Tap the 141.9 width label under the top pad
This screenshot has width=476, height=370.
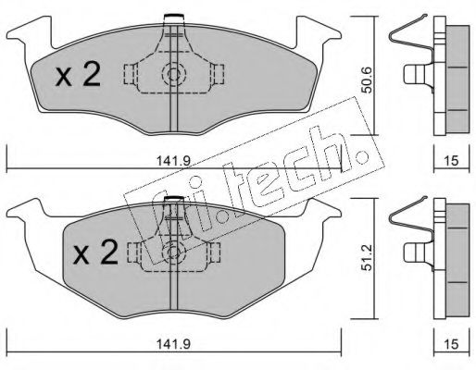coord(174,161)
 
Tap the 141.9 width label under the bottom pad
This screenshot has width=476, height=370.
coord(174,344)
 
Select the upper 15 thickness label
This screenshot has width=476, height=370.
coord(452,161)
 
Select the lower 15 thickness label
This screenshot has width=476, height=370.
coord(452,344)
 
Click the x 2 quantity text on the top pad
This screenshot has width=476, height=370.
coord(78,74)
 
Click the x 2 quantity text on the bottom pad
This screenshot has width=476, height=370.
coord(95,253)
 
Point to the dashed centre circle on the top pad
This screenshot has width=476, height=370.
coord(174,74)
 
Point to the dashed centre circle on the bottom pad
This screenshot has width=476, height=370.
coord(173,253)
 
